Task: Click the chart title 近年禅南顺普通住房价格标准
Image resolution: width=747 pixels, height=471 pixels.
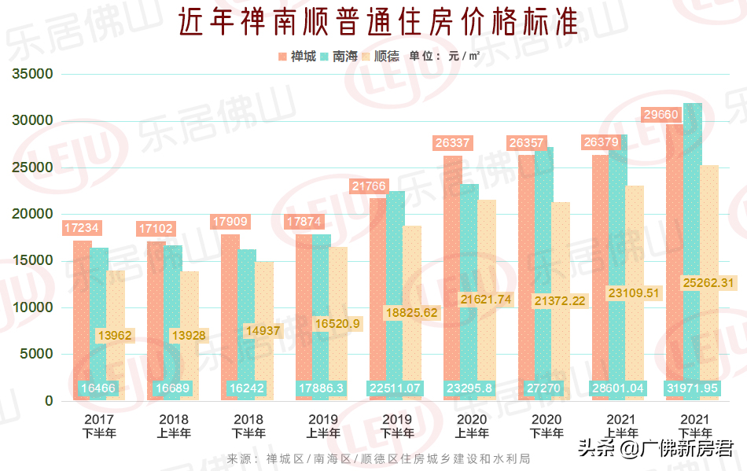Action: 377,23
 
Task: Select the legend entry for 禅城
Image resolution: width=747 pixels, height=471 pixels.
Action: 296,57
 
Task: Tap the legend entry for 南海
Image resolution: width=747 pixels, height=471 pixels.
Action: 339,57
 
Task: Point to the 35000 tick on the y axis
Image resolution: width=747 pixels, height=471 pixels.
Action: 33,75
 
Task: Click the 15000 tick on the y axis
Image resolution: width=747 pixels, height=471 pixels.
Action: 33,261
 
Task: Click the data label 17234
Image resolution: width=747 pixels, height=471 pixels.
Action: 81,228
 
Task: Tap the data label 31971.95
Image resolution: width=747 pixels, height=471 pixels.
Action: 694,388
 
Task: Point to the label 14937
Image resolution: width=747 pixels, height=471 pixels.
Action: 262,331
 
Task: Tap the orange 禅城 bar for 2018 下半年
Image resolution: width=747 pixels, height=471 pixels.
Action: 230,315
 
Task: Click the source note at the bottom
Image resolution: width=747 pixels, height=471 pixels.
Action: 377,459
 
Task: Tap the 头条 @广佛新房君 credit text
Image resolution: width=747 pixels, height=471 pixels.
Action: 657,449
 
